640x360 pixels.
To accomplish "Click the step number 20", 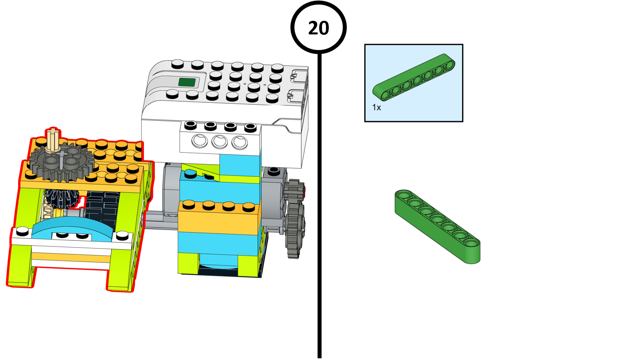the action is point(318,28).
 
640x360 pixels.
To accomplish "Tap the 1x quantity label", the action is point(376,108).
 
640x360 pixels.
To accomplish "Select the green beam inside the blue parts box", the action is point(414,78).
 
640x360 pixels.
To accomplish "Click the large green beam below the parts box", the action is point(438,226).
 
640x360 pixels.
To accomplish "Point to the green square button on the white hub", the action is point(187,82).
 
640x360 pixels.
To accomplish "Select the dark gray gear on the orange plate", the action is point(62,162).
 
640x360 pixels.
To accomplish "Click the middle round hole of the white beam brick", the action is point(220,142).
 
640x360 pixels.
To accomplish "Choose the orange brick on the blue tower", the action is point(220,218).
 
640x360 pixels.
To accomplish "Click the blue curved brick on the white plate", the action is point(73,228).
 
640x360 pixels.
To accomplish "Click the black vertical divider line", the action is point(320,206).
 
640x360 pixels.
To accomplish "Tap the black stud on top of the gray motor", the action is point(274,171).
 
